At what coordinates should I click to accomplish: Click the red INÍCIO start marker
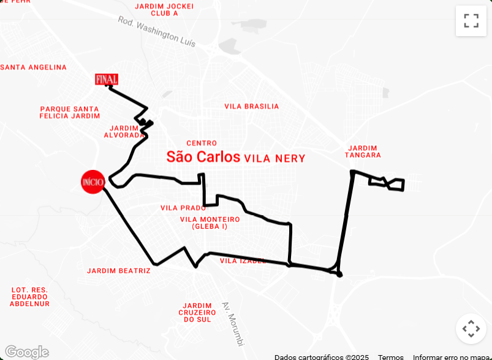[93, 181]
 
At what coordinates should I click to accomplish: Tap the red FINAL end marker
[107, 79]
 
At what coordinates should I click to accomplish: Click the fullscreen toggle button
[471, 21]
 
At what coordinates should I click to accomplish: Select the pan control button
[471, 329]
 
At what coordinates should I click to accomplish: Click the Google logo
[26, 352]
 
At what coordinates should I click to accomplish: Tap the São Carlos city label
[203, 157]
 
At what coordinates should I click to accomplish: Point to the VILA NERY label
[274, 158]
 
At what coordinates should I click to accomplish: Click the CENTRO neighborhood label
[202, 143]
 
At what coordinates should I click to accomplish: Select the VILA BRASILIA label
[251, 106]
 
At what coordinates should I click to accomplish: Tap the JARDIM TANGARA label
[363, 151]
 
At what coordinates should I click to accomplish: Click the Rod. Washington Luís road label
[157, 31]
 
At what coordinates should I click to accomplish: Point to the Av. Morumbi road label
[233, 323]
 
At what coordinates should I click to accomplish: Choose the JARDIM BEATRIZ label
[118, 270]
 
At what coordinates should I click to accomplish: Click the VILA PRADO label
[183, 208]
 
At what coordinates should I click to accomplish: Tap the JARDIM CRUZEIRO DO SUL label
[197, 312]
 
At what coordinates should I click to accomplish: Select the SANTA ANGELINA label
[34, 67]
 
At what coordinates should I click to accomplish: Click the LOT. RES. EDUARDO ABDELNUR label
[30, 297]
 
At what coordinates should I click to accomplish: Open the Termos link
[390, 356]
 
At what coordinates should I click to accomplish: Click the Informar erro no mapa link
[452, 356]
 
